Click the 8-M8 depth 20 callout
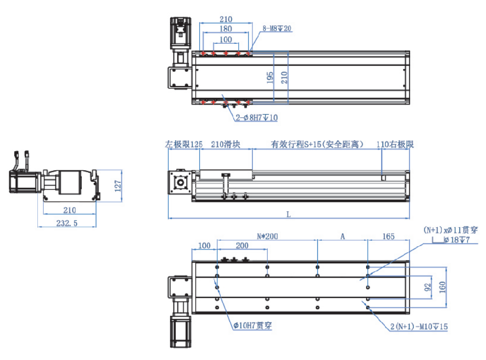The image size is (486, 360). [277, 29]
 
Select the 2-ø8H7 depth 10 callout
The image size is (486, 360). [257, 118]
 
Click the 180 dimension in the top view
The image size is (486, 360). [226, 29]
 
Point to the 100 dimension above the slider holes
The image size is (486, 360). [226, 39]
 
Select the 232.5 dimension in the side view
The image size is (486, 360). [68, 223]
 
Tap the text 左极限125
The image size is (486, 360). [184, 144]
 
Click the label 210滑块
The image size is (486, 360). [226, 144]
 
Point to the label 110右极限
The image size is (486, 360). [395, 144]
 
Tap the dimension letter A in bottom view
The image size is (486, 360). [342, 236]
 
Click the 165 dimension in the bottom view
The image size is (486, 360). [388, 236]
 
